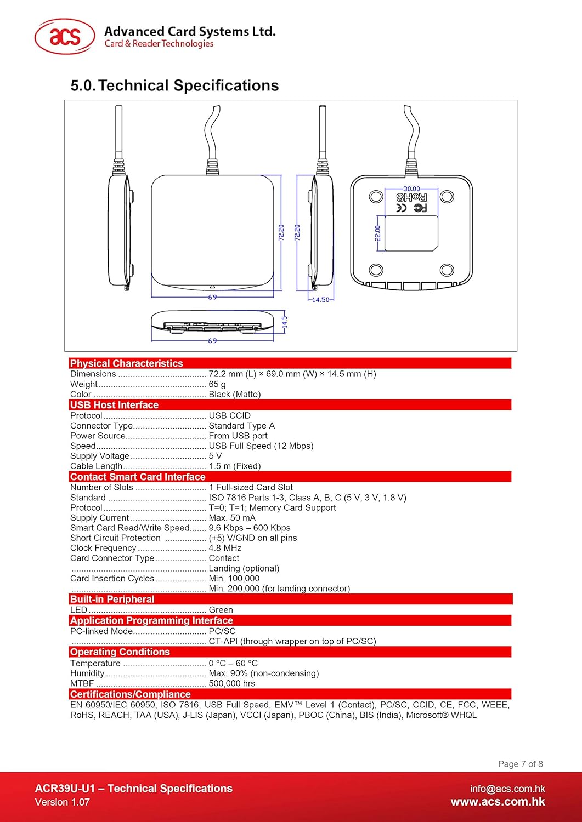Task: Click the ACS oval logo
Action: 65,37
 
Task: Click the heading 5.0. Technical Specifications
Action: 174,85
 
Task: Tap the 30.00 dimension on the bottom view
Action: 411,189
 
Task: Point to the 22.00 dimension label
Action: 377,233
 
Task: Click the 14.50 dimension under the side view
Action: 320,300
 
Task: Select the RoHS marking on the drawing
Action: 411,197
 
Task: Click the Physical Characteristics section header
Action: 127,363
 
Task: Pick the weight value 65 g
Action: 217,384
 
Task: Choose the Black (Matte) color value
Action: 235,395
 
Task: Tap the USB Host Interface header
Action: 114,405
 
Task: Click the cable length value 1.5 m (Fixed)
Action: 235,466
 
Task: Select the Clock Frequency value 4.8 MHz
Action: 225,548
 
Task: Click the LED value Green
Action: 221,610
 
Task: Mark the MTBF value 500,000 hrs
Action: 232,683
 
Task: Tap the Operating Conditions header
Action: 120,652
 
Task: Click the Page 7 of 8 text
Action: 520,764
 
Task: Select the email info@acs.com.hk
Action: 507,789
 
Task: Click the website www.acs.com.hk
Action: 498,802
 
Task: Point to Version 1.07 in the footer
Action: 62,802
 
